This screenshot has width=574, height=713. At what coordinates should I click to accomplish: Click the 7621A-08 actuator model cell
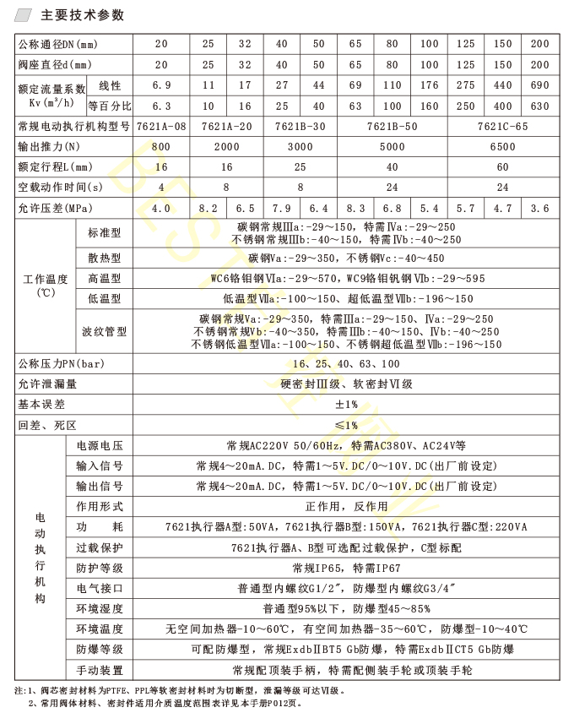pos(161,127)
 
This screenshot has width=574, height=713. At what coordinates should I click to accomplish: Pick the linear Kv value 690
pos(540,85)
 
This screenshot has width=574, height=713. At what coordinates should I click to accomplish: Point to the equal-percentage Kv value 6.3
pos(161,106)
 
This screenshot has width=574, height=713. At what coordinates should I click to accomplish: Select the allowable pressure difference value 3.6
pos(540,208)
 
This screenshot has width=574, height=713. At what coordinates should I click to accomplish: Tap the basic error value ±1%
pos(346,405)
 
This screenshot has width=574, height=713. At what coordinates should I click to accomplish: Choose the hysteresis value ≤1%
pos(346,425)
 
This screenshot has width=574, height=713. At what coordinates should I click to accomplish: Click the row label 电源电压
pos(100,445)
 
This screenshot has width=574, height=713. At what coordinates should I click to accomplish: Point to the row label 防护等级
pos(100,568)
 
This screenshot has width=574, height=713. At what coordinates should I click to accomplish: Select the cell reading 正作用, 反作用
pos(346,507)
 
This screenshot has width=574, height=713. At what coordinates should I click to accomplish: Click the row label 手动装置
pos(100,670)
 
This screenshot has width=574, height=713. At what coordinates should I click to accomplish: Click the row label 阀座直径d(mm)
pos(59,65)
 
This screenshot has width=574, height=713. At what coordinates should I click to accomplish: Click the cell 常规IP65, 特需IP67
pos(346,568)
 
